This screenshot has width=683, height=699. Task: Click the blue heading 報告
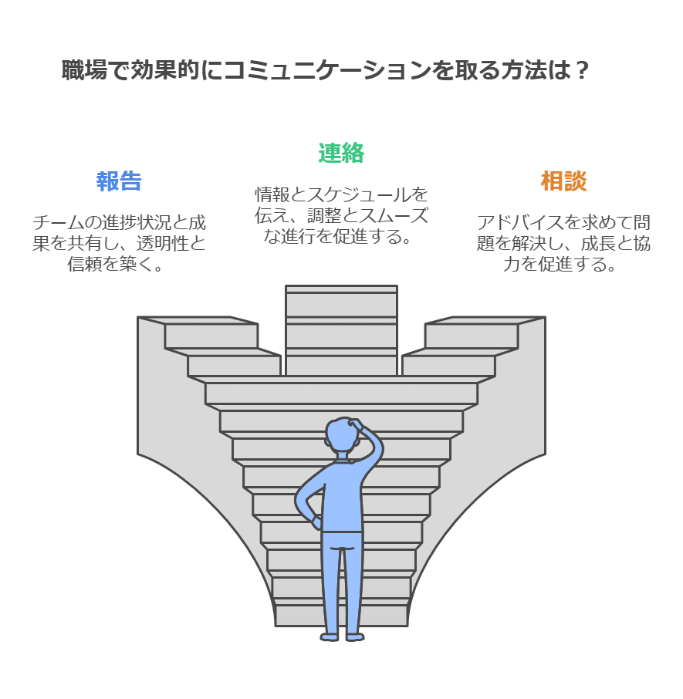119,181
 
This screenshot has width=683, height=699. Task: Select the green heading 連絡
341,153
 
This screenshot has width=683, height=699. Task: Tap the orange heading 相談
563,181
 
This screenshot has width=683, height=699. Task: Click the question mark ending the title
581,70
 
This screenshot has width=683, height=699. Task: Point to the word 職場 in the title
84,70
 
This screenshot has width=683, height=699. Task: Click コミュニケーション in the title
326,70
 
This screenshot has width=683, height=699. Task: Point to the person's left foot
330,637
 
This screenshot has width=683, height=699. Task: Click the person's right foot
355,637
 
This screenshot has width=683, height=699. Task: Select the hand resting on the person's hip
316,522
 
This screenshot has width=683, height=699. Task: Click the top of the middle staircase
341,289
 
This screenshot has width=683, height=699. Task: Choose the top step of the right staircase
485,320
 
